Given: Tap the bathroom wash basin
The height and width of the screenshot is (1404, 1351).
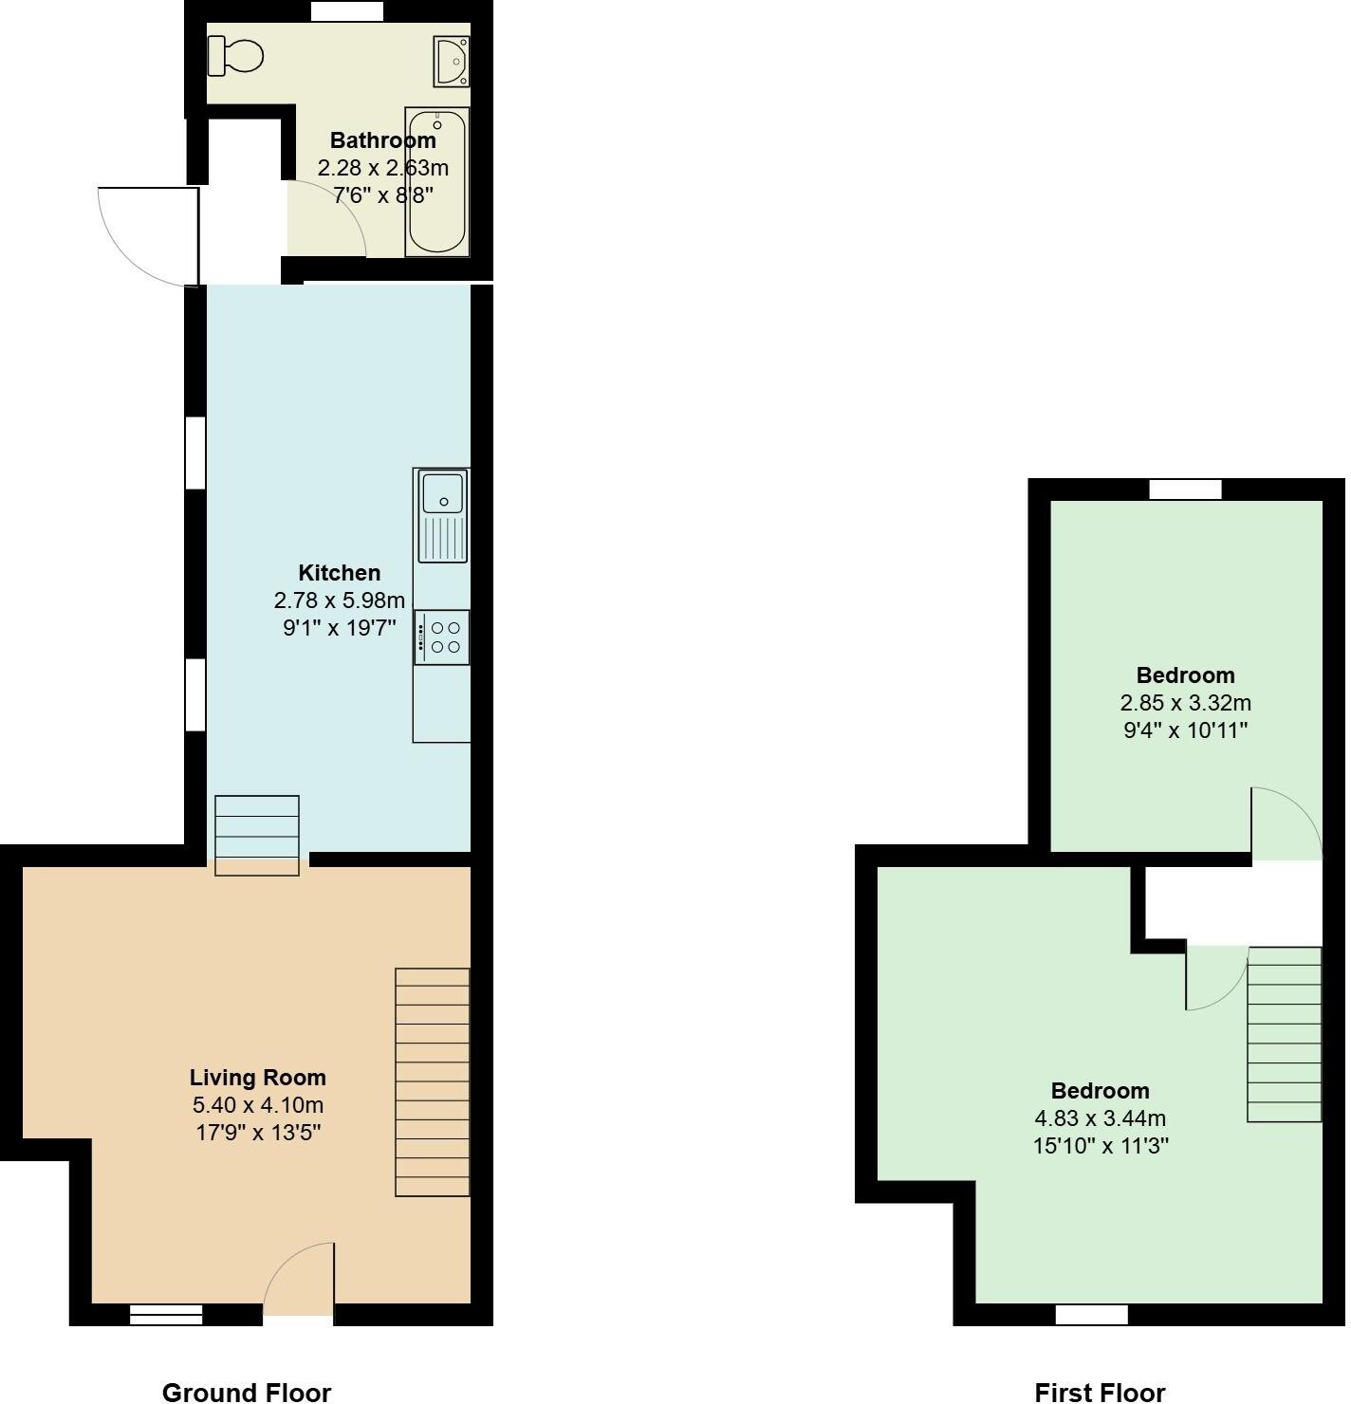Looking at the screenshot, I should [x=452, y=60].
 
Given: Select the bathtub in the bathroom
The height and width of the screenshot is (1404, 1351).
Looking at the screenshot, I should [x=436, y=183].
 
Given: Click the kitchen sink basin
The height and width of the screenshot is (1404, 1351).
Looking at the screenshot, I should [x=442, y=494].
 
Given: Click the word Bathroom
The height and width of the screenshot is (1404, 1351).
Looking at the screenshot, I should [x=382, y=140].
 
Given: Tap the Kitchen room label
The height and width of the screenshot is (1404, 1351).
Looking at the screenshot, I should [x=339, y=573].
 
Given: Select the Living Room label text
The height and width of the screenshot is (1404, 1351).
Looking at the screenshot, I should [x=257, y=1078].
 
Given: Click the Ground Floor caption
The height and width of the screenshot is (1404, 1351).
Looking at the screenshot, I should [x=247, y=1392].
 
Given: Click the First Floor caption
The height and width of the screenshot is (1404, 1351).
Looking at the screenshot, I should [x=1100, y=1392].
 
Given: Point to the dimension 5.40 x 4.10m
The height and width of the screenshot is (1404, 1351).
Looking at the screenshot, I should [x=257, y=1105].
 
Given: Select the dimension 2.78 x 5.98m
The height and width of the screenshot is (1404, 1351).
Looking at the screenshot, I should [x=339, y=600].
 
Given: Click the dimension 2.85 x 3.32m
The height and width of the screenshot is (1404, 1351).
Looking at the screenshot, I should [x=1185, y=703].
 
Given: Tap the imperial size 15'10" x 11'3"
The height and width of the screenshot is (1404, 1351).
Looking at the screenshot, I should [x=1100, y=1146].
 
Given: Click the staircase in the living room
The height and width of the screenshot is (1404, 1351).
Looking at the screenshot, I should [x=433, y=1081].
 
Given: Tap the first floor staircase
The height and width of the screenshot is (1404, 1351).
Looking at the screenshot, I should [x=1284, y=1034].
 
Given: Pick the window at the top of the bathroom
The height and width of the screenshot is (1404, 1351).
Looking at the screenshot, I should [x=347, y=11].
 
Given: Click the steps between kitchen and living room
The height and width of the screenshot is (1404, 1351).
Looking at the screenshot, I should [x=257, y=835].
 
